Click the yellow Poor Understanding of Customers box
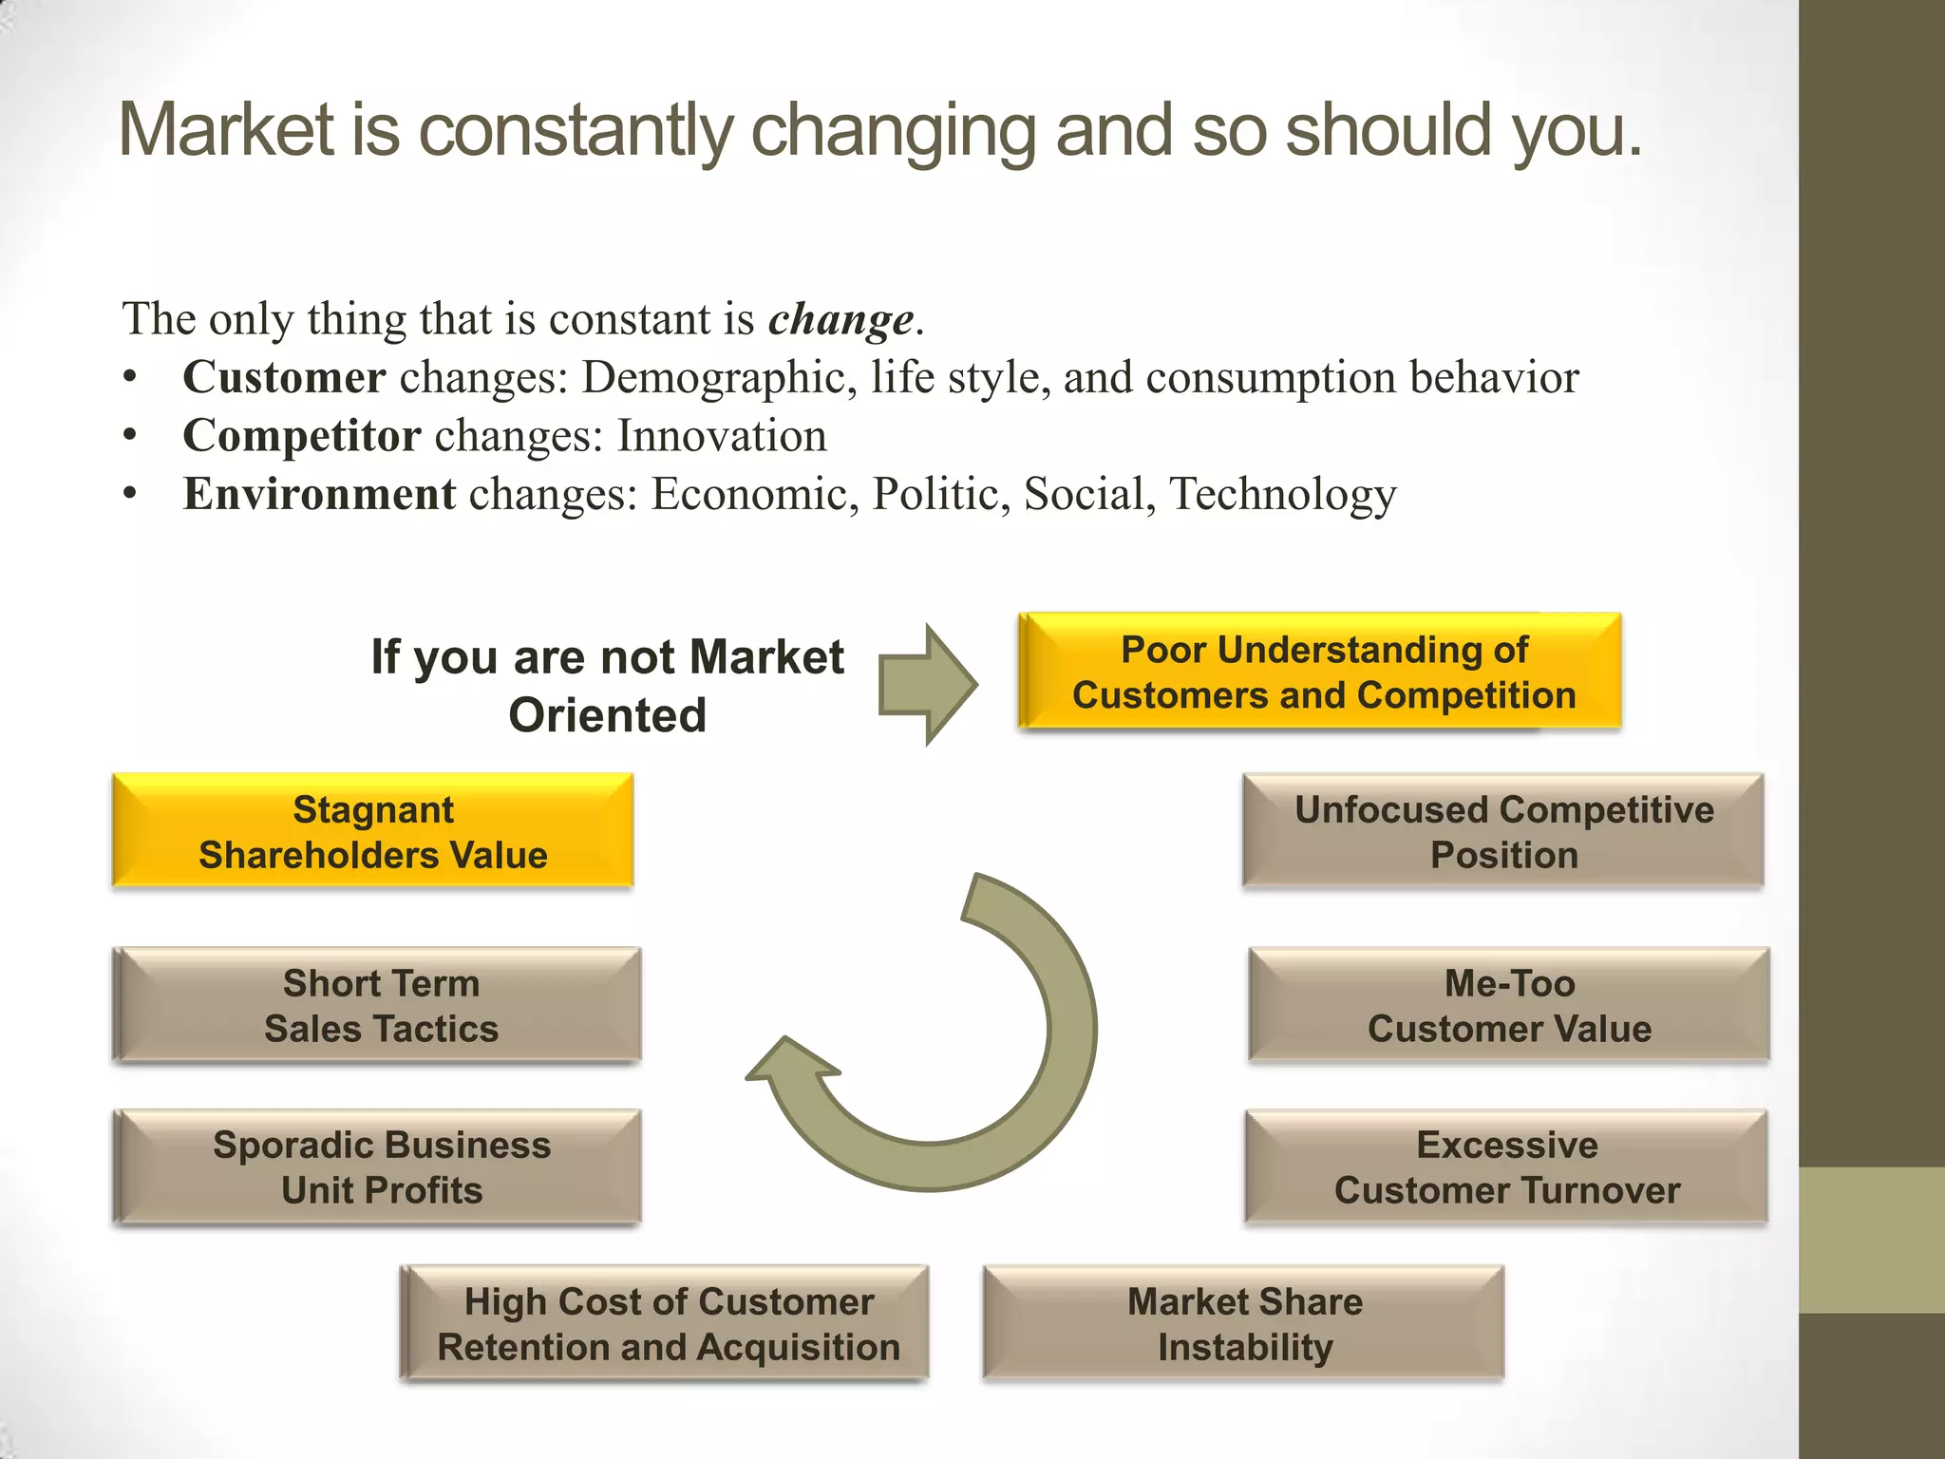coord(1319,672)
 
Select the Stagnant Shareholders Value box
coord(372,831)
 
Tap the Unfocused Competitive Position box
coord(1503,831)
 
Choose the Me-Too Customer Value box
coord(1509,1005)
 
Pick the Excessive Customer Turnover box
coord(1506,1166)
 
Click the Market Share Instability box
coord(1244,1323)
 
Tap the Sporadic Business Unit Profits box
coord(380,1166)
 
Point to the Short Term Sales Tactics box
coord(380,1005)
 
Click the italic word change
coord(840,320)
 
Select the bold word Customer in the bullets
coord(284,377)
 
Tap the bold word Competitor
coord(302,436)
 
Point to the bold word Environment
coord(320,494)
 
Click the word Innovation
coord(722,436)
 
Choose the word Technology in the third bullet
coord(1283,495)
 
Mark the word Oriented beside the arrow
coord(608,715)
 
